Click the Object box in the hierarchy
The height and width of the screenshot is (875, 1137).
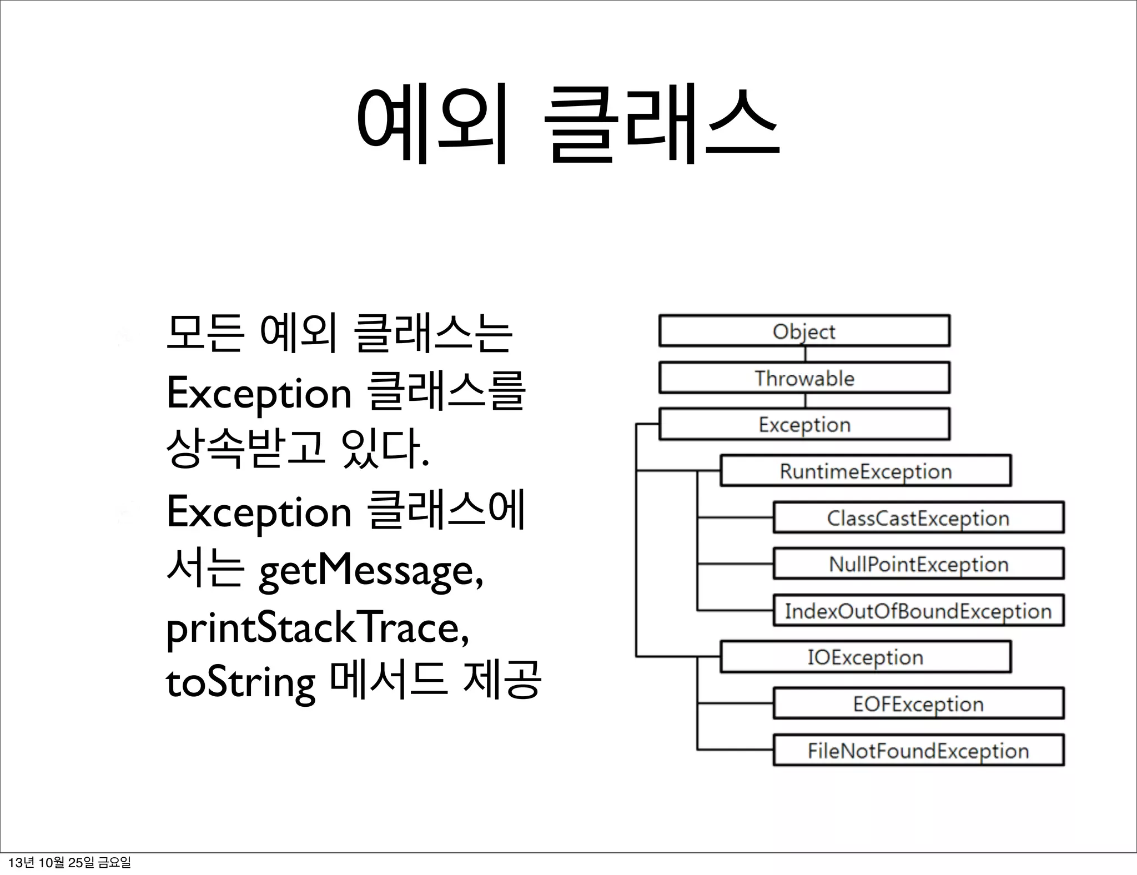pos(804,331)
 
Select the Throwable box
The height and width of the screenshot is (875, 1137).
pos(804,378)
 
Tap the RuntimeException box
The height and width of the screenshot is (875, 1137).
pos(865,471)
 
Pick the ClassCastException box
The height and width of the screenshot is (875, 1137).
pos(918,517)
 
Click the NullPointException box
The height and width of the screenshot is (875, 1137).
pos(918,564)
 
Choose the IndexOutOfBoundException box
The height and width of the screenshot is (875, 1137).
pos(918,611)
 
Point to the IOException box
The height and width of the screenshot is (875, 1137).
pos(865,657)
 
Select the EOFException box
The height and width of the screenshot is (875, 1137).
pos(918,703)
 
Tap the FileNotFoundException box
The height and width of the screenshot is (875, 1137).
pos(918,750)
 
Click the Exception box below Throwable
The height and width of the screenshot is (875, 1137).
pos(804,424)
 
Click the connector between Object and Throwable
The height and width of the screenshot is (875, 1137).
pos(805,354)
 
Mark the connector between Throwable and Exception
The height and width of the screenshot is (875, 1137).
pos(805,401)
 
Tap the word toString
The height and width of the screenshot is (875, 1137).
pos(240,683)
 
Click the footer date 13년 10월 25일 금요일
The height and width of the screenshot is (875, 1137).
pos(70,862)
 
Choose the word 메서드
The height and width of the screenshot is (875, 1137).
pos(388,680)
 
